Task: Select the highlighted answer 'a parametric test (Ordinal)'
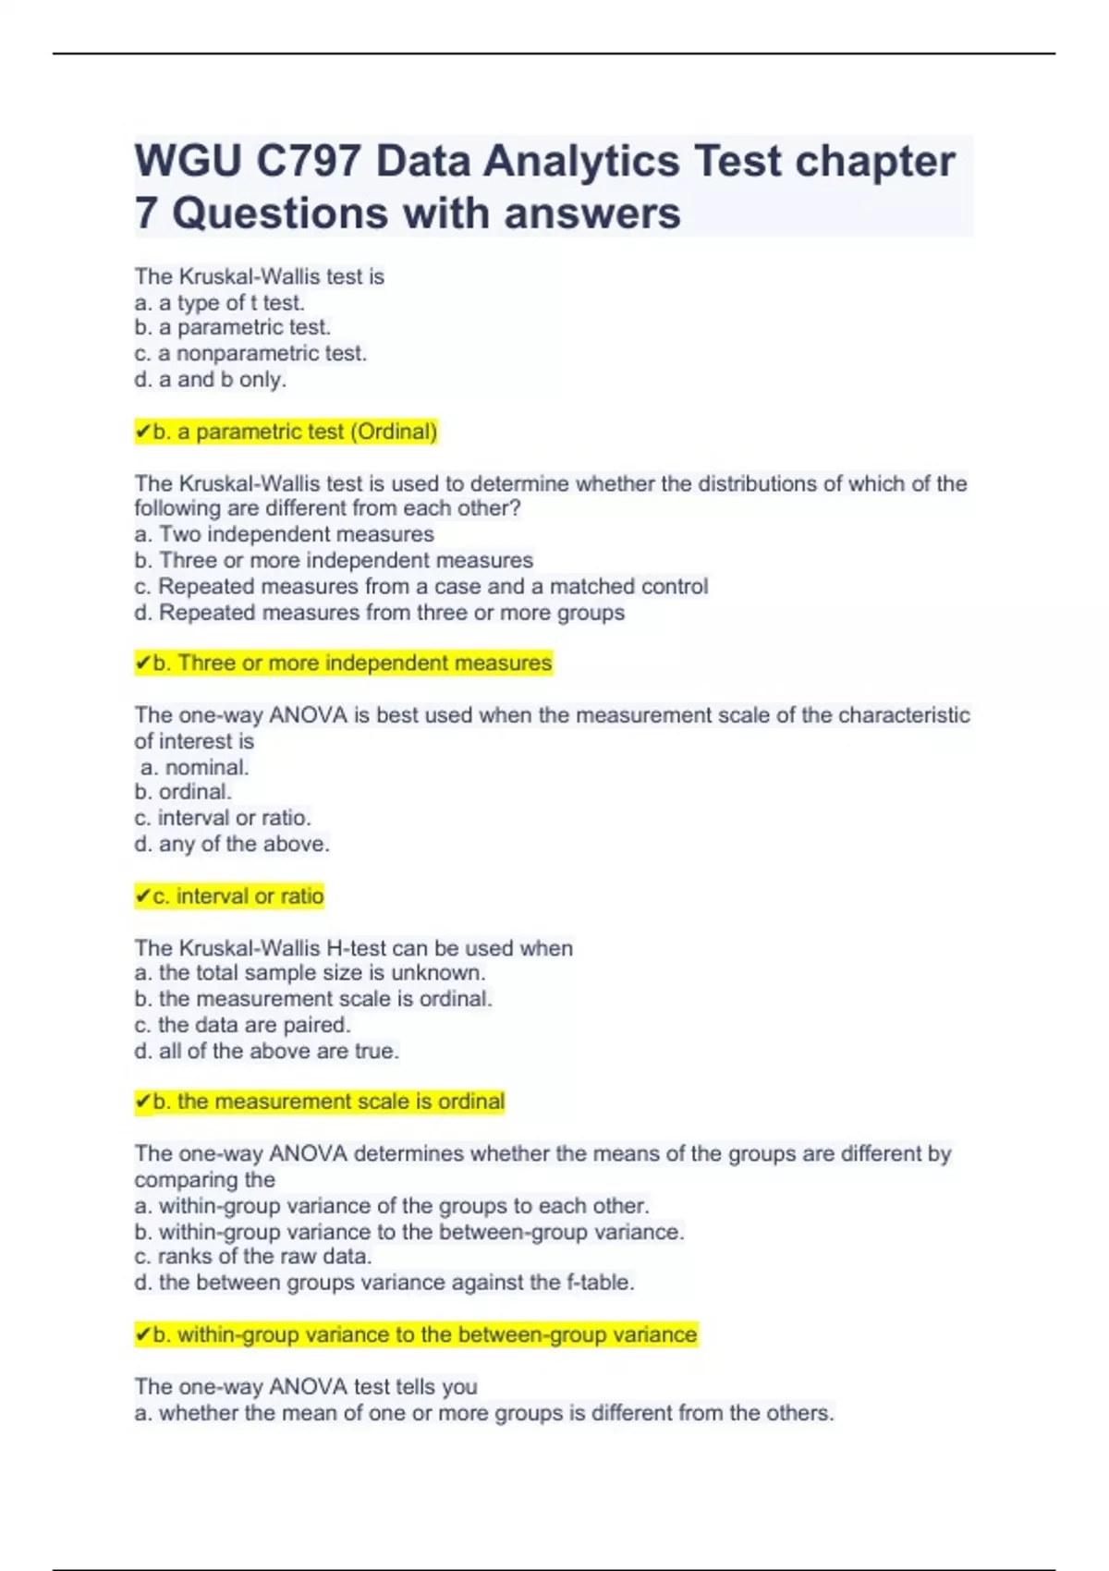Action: pos(286,432)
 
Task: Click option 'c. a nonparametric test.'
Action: pos(250,353)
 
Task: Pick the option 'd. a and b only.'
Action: pos(210,379)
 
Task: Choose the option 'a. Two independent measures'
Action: pos(284,534)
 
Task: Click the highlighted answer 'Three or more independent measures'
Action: pos(343,663)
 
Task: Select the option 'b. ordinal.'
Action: pos(183,792)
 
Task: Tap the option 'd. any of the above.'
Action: pos(232,844)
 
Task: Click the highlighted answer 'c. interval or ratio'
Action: pos(229,895)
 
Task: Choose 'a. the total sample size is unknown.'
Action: pos(310,973)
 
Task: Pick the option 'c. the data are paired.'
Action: pos(242,1025)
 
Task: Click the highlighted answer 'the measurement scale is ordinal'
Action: pos(320,1102)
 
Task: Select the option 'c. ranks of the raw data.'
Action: pos(253,1257)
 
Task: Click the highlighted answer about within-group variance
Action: pos(416,1334)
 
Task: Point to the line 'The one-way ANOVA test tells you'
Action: pos(306,1386)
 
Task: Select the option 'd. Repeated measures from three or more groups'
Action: pos(379,613)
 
